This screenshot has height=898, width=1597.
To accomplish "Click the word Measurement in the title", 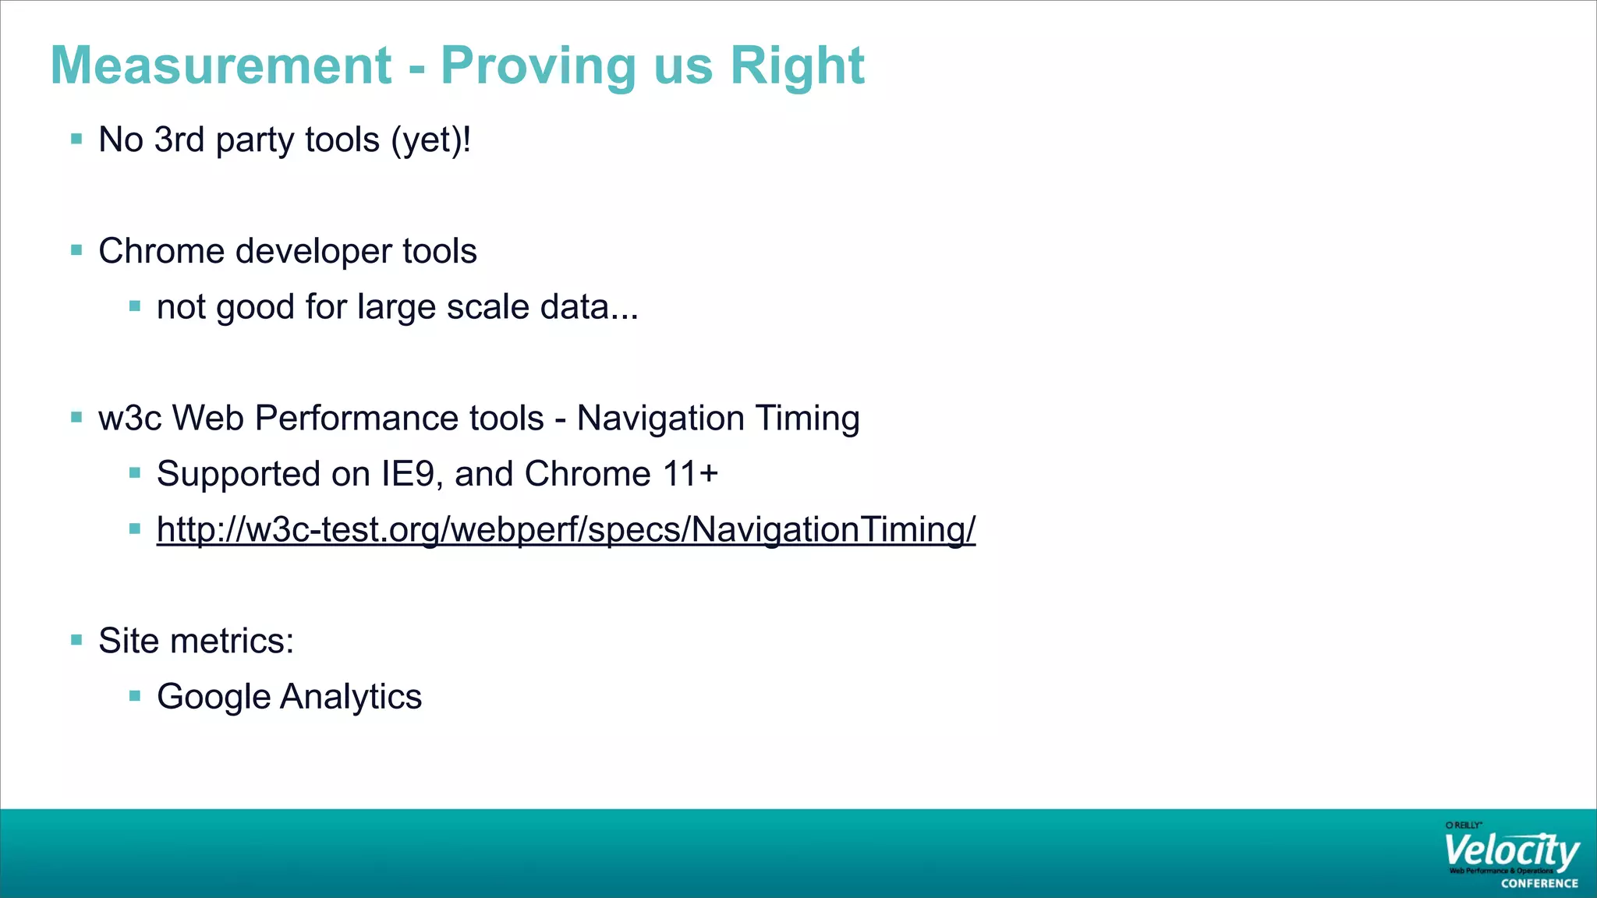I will [x=221, y=65].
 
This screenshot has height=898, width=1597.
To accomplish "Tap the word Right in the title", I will [x=797, y=67].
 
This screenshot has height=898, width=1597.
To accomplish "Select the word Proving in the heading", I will [x=539, y=67].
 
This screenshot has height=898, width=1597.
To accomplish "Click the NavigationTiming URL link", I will [x=565, y=530].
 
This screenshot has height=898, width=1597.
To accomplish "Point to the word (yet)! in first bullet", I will [x=431, y=141].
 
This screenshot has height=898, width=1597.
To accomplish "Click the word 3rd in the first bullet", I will [x=179, y=140].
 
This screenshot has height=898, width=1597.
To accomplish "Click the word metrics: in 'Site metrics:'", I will [x=232, y=642].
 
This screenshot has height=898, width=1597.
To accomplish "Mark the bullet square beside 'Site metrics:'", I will [x=76, y=641].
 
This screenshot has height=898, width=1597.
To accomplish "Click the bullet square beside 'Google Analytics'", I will [x=135, y=695].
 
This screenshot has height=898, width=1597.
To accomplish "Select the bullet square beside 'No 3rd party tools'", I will [x=76, y=140].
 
